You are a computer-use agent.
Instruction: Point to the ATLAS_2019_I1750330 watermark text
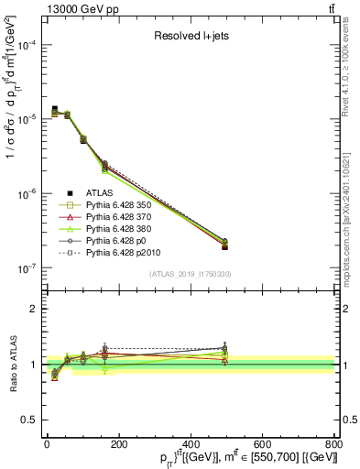pos(191,274)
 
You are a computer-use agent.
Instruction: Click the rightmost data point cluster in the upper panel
pos(224,244)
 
